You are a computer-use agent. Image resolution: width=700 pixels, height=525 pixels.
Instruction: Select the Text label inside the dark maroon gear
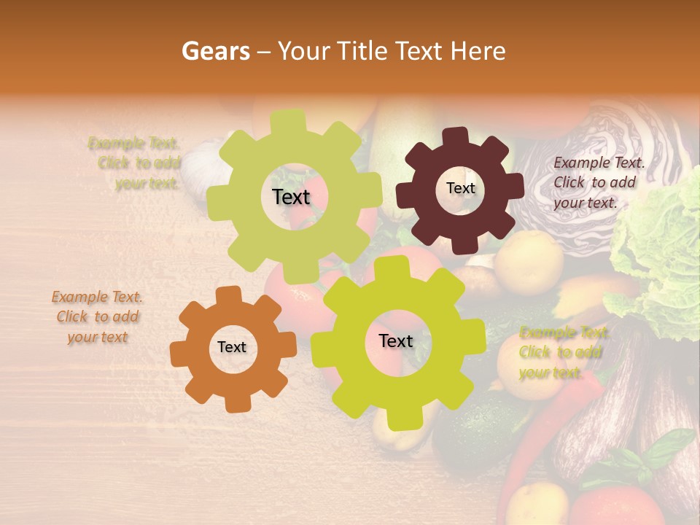click(460, 188)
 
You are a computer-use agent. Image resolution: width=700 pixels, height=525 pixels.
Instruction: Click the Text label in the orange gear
click(232, 348)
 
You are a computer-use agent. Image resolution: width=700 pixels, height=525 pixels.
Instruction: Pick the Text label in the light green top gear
click(291, 197)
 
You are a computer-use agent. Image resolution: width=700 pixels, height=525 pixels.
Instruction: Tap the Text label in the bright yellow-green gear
click(396, 341)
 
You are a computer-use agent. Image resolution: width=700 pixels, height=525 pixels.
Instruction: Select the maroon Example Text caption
click(599, 182)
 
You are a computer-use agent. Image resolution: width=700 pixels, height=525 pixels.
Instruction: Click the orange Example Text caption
click(97, 317)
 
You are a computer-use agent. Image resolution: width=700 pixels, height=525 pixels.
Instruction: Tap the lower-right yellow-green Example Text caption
click(561, 353)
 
